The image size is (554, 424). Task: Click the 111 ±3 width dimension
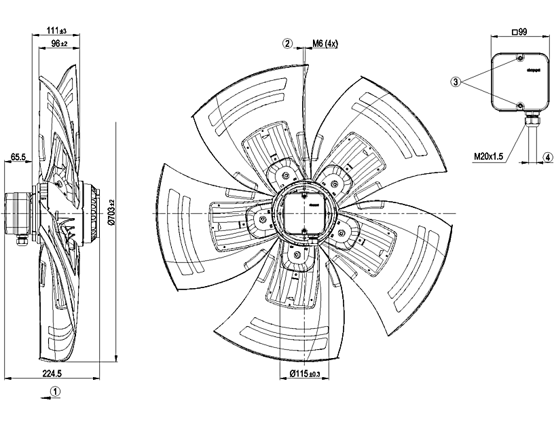click(x=56, y=31)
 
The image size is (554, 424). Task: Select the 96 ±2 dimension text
click(x=59, y=43)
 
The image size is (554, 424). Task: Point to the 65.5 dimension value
click(x=18, y=157)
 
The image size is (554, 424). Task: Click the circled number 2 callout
click(x=288, y=43)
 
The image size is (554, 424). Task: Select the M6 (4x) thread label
click(x=325, y=43)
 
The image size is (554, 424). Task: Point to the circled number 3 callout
click(x=456, y=82)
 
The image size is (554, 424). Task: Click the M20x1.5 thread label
click(x=488, y=156)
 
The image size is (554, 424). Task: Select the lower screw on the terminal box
click(x=519, y=107)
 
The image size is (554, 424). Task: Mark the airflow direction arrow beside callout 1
click(x=42, y=392)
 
